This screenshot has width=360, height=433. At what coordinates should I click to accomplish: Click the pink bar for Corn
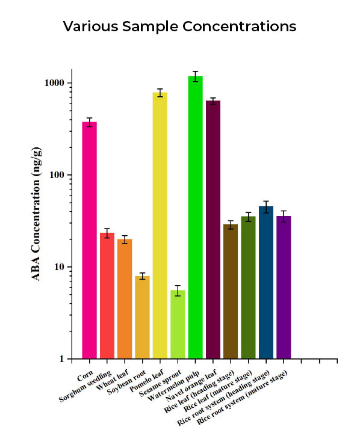(89, 241)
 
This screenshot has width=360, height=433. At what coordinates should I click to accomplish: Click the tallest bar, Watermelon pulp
(195, 216)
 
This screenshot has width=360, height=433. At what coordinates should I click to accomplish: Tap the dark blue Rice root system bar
(266, 283)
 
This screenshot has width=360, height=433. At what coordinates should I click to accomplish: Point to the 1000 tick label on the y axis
(55, 83)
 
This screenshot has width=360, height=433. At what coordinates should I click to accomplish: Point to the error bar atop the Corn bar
(89, 122)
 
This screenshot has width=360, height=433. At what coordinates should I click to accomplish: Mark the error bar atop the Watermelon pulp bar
(195, 76)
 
